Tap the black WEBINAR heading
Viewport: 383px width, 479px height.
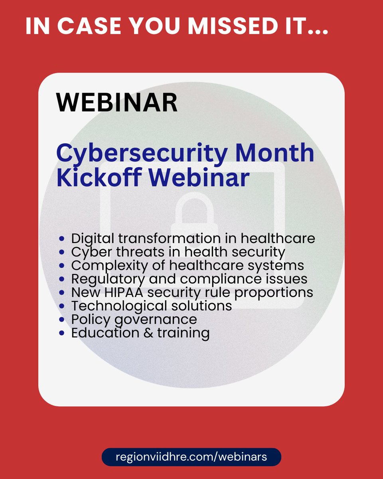(x=117, y=103)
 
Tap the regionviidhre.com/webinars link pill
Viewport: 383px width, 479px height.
(x=191, y=457)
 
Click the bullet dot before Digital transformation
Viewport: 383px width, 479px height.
(x=61, y=239)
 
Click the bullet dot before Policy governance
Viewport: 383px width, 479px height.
(x=61, y=319)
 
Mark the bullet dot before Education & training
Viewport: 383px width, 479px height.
(x=61, y=333)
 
